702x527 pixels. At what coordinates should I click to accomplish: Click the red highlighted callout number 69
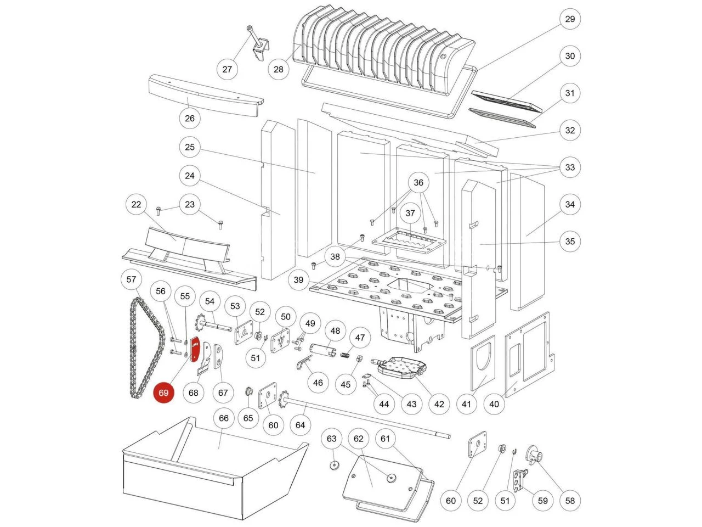163,393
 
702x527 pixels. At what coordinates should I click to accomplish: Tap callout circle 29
570,19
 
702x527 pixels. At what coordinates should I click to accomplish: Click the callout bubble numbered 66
224,418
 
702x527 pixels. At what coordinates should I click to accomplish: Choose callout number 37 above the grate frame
410,213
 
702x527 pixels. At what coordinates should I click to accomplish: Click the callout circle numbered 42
439,404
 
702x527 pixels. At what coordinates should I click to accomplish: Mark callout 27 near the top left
227,69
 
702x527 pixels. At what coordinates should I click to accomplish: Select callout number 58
570,500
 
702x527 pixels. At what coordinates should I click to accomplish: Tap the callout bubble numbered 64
300,424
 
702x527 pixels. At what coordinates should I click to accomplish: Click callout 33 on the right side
570,167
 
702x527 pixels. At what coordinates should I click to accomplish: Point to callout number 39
298,280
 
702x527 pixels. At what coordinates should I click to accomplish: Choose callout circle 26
190,118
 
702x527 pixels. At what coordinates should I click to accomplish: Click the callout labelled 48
335,331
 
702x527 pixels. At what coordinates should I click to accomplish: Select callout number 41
466,404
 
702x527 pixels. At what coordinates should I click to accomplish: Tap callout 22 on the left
136,205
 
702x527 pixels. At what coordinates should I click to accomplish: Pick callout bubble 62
359,439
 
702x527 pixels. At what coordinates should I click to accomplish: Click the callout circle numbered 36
418,183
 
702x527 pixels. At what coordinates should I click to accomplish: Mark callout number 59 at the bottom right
542,500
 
